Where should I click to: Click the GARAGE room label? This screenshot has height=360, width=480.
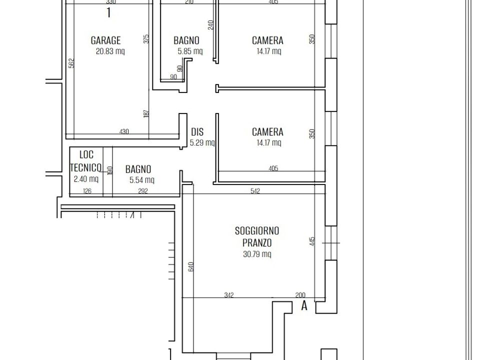coord(105,40)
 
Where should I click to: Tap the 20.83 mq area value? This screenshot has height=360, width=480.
coord(110,51)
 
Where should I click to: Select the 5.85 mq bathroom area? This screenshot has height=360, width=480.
coord(190,51)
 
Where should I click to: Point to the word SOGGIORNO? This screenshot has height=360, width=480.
coord(257,230)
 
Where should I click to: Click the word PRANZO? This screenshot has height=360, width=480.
coord(257,243)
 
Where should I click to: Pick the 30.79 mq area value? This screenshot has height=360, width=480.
coord(257,254)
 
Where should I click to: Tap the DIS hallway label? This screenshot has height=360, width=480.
coord(197,132)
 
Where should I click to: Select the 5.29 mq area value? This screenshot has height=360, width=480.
coord(202,142)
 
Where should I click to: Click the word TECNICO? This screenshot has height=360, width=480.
coord(85,167)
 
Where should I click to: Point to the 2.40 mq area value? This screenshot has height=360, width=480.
coord(86,179)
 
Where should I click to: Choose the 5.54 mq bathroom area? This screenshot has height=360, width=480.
coord(141,180)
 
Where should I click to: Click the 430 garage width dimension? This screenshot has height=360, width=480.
coord(124,131)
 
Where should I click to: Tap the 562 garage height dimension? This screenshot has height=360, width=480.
coord(71,63)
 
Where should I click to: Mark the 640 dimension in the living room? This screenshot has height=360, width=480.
coord(191,266)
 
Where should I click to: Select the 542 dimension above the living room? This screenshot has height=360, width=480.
coord(255,191)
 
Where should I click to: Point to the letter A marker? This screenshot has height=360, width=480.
coord(304,305)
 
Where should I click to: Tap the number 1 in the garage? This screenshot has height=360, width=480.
coord(108,13)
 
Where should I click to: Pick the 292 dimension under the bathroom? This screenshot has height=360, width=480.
coord(143,191)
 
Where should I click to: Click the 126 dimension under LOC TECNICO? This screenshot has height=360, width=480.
coord(87,191)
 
